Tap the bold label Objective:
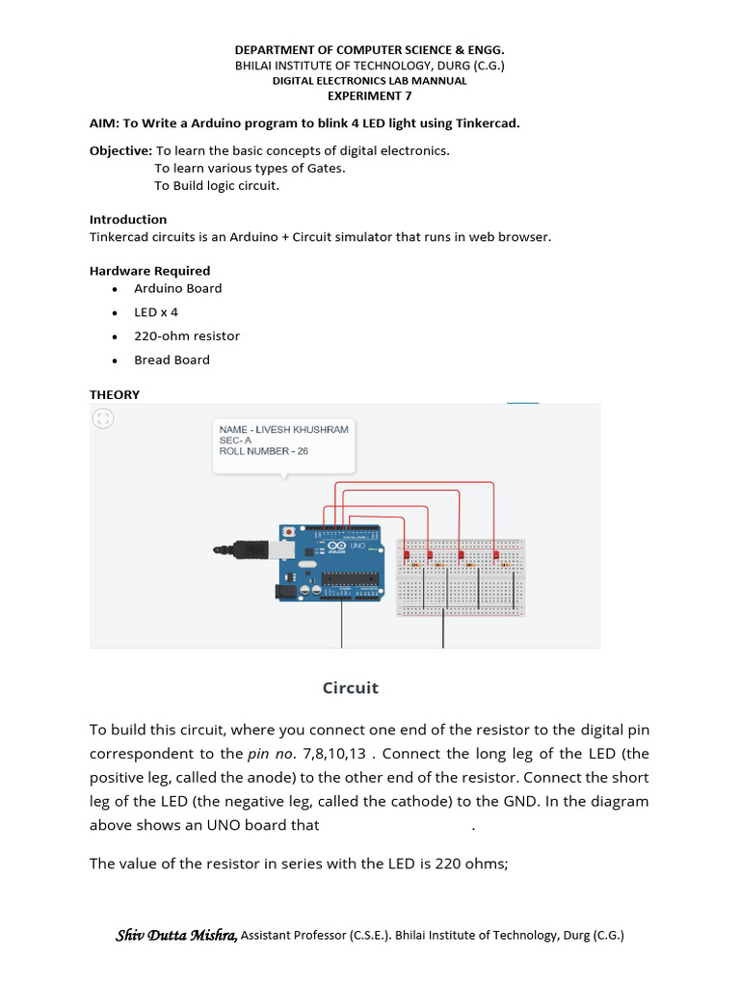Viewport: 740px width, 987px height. tap(120, 150)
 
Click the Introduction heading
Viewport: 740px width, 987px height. tap(128, 219)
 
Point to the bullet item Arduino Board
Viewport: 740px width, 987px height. tap(177, 288)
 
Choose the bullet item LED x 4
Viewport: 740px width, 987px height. tap(156, 312)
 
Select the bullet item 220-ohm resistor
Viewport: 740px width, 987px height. tap(187, 335)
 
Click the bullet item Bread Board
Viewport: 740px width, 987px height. tap(172, 360)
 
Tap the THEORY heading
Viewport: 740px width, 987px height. tap(115, 394)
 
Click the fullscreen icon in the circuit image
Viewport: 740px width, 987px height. tap(103, 418)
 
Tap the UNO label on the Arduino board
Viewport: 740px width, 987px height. tap(357, 546)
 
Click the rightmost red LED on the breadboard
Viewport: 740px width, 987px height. tap(496, 555)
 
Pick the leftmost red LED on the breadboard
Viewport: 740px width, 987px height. tap(407, 555)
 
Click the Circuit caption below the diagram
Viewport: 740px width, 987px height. tap(350, 687)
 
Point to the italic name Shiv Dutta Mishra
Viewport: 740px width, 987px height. tap(176, 935)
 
